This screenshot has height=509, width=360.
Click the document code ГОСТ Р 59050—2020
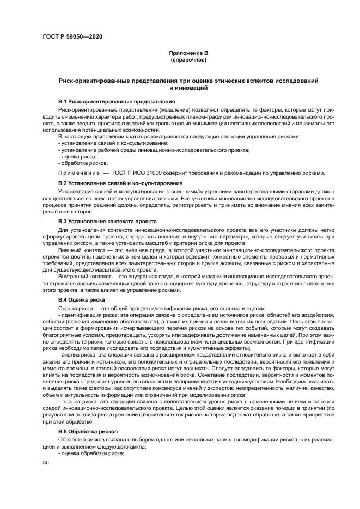point(72,36)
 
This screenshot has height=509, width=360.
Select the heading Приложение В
point(187,53)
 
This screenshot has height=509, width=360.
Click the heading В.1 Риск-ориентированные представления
point(116,102)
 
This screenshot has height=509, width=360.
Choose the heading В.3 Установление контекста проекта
point(107,222)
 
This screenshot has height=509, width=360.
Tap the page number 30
point(46,462)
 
